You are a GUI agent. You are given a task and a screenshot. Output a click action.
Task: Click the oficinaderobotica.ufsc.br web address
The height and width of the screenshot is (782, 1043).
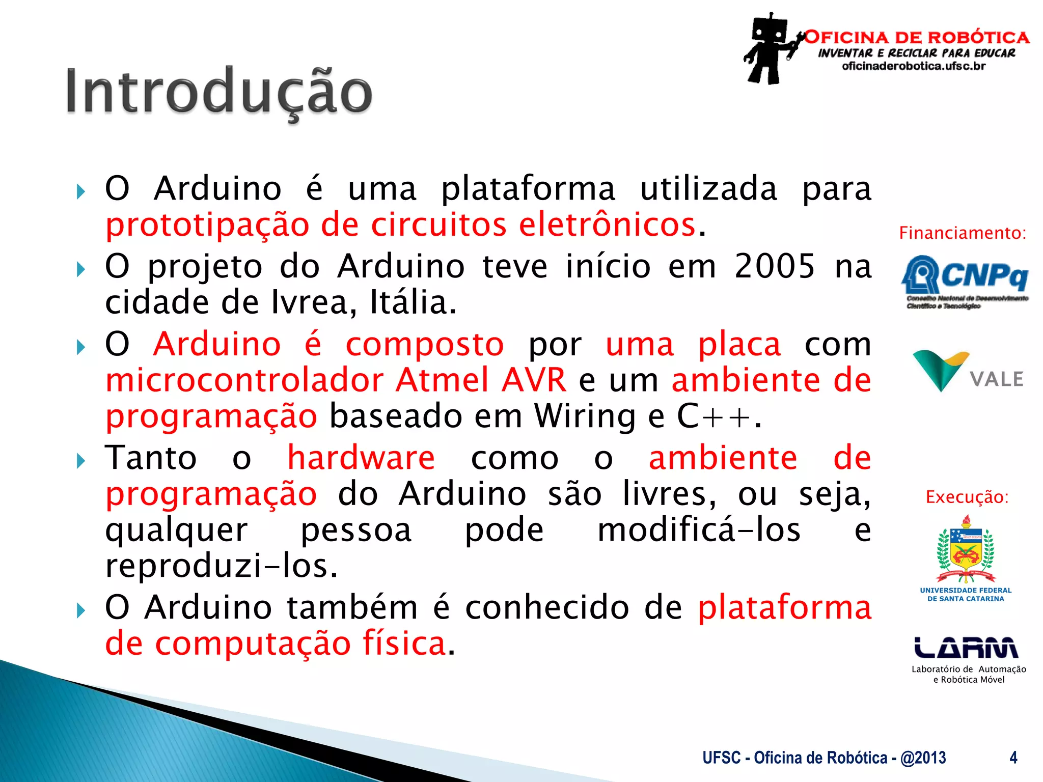pos(914,66)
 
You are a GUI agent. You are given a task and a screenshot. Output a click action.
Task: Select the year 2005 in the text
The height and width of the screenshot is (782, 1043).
pos(775,266)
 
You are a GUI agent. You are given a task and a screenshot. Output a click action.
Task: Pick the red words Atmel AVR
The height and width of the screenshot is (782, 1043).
pos(481,380)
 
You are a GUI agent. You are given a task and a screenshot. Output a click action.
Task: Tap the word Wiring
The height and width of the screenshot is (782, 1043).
pos(585,416)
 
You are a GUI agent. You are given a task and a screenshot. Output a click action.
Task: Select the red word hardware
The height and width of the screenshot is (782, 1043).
pos(361,458)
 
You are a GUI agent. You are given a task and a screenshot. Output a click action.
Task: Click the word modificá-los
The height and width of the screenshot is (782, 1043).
pos(699,530)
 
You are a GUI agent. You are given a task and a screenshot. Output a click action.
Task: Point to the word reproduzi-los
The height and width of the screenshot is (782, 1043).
pos(222,566)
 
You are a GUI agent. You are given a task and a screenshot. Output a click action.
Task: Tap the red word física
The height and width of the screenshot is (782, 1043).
pos(404,644)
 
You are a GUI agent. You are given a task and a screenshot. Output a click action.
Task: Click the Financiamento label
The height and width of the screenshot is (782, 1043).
pos(962,233)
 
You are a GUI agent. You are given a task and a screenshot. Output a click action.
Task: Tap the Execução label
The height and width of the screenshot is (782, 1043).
pos(967,497)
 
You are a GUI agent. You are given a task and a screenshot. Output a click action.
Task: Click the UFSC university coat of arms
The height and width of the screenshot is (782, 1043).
pos(966,550)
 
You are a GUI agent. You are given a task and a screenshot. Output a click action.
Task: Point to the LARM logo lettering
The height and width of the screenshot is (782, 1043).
pos(966,648)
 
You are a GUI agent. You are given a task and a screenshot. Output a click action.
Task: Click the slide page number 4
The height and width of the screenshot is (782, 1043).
pos(1013,758)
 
